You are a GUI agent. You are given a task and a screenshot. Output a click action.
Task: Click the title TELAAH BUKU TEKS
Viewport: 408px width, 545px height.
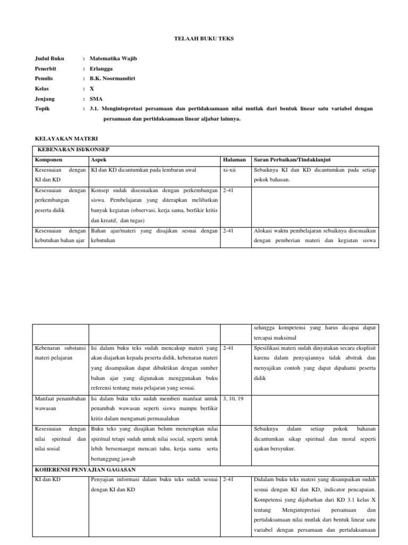tap(204, 39)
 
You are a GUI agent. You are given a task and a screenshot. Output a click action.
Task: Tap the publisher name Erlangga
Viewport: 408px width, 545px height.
tap(101, 69)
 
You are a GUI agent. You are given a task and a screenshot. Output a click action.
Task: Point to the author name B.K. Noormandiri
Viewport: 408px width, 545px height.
tap(112, 79)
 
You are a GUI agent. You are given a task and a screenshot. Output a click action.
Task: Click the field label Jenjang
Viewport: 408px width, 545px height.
tap(45, 99)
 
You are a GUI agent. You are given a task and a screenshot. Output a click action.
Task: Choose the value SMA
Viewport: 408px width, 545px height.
tap(96, 99)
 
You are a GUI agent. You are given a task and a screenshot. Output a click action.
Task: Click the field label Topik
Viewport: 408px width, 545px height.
tap(42, 109)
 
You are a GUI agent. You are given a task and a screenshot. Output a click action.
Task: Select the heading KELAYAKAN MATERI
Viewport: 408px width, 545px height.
tap(59, 138)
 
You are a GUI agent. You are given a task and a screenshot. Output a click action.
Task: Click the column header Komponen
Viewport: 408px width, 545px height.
tap(49, 160)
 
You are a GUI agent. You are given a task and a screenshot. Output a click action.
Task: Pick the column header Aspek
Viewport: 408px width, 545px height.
tap(99, 160)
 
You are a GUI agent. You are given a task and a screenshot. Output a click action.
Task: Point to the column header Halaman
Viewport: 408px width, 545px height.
tap(234, 160)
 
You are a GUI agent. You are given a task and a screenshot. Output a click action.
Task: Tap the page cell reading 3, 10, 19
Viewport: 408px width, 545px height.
tap(234, 399)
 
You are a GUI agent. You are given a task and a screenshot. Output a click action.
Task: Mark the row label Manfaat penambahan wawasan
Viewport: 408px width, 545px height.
tap(60, 403)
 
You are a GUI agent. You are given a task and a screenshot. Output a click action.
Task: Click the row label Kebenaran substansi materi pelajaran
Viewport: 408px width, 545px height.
tap(60, 353)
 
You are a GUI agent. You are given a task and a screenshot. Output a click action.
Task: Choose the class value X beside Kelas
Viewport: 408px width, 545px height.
tap(92, 89)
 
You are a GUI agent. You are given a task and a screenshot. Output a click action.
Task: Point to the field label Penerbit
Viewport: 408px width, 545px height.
tap(46, 69)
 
